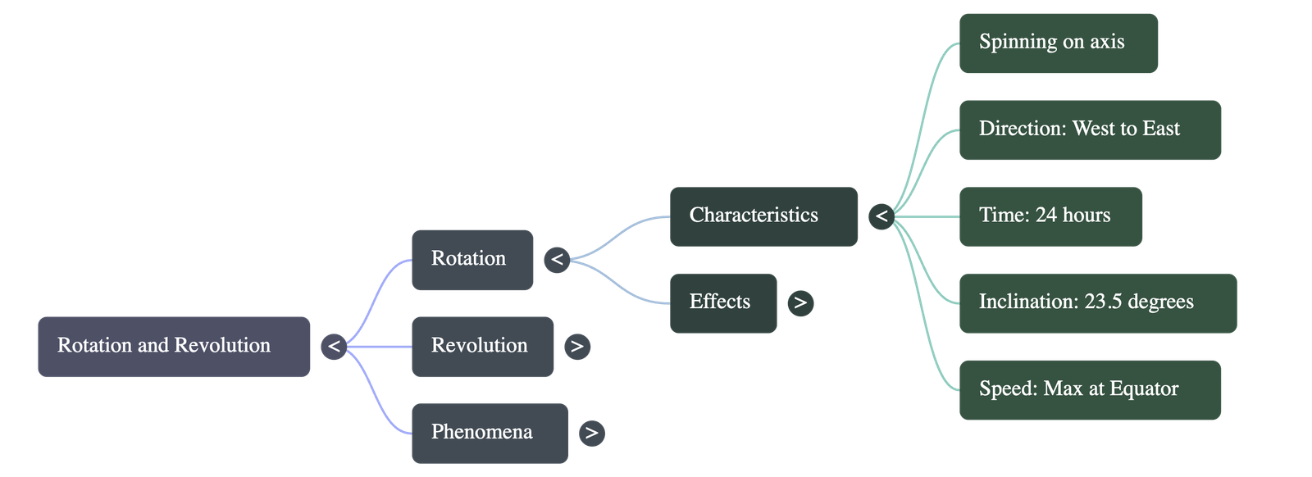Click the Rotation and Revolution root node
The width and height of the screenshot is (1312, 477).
pos(174,346)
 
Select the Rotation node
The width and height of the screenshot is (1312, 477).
pos(471,259)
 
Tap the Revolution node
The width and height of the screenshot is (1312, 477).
pos(482,346)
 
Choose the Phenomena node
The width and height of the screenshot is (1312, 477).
pos(489,433)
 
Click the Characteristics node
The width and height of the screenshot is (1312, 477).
pos(763,216)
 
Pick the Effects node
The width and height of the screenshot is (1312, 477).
pos(722,302)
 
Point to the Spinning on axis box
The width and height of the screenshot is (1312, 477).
pos(1058,43)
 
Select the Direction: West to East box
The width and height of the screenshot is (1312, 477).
pos(1090,129)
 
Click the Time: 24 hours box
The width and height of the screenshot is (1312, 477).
pos(1050,216)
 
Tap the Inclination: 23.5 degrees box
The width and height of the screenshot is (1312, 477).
pos(1097,302)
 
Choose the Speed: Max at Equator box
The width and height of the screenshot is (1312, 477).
pos(1090,389)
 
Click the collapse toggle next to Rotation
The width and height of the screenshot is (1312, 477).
pos(557,260)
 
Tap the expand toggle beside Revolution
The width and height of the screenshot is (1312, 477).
pos(577,347)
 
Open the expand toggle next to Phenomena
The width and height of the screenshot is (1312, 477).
pos(592,433)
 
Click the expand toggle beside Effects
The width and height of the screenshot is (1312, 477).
pos(800,303)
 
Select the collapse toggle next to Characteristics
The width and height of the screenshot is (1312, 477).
pos(881,216)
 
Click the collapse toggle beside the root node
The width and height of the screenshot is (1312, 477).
pos(334,347)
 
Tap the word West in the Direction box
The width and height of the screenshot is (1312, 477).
pos(1094,129)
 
